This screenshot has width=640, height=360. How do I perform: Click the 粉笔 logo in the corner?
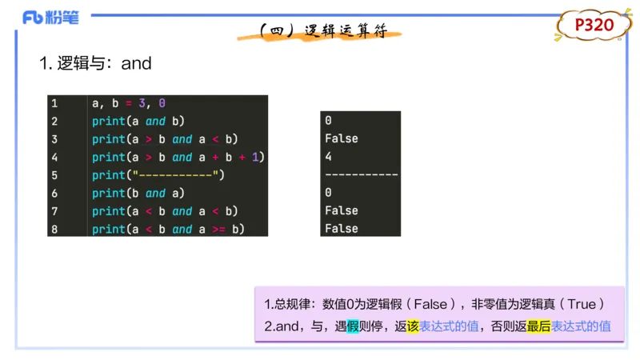(x=50, y=17)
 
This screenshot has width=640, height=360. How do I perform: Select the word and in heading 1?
(x=137, y=64)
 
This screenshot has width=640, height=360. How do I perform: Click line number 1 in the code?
(x=54, y=103)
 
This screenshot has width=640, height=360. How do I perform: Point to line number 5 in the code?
(x=54, y=175)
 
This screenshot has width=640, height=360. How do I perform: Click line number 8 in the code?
(x=54, y=229)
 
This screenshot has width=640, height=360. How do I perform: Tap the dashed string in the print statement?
(x=176, y=175)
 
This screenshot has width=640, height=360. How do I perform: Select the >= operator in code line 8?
(x=218, y=230)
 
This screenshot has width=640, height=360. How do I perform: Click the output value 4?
(x=329, y=157)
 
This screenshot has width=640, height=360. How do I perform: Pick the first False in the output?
(x=342, y=138)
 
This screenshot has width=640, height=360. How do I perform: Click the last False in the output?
(x=342, y=229)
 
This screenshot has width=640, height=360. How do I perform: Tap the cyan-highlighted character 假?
(x=353, y=326)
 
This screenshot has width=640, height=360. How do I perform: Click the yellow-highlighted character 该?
(x=413, y=326)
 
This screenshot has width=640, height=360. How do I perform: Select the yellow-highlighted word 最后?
(x=538, y=326)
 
